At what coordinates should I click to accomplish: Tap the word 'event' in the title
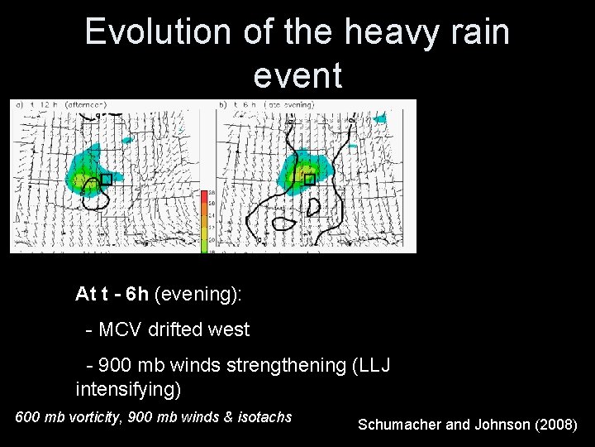click(297, 75)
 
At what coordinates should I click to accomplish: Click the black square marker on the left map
click(106, 180)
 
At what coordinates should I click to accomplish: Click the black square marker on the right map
click(309, 180)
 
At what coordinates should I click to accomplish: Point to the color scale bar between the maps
click(212, 220)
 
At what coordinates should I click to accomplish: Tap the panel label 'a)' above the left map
click(17, 105)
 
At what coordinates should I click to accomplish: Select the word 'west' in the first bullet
click(229, 329)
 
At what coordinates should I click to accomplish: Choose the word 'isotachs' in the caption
click(264, 416)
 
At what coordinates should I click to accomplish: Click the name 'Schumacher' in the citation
click(401, 425)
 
